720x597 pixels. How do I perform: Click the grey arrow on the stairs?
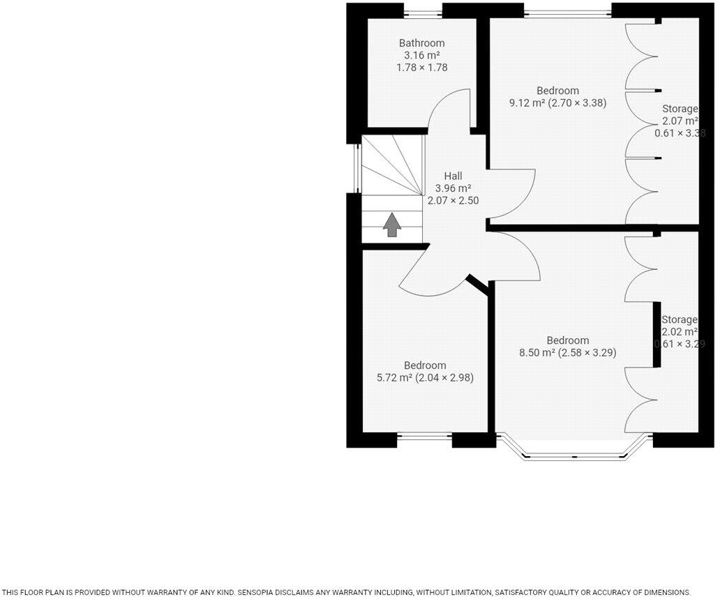391,224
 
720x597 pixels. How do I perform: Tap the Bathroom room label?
421,43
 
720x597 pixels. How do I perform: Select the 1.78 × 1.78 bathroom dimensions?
421,68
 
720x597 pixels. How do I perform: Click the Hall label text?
453,176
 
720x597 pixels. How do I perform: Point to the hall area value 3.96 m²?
453,188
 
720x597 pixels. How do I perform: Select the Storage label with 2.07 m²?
680,109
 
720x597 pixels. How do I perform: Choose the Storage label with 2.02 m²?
680,319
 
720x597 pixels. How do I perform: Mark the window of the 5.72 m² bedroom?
424,439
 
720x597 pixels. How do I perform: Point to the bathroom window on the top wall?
422,10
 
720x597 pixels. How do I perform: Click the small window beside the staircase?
357,164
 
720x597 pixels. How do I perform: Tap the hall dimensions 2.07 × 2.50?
453,200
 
